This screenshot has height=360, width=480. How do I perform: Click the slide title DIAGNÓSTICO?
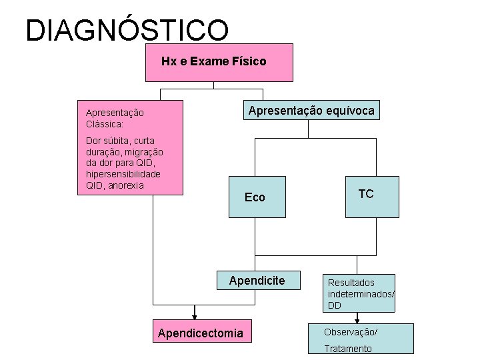[x=127, y=30]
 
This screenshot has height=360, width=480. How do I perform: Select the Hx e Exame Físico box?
[x=219, y=62]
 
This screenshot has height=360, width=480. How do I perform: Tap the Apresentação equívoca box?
[x=311, y=111]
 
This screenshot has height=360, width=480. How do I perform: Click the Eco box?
[x=257, y=197]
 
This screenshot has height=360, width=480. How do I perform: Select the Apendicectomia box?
[x=201, y=333]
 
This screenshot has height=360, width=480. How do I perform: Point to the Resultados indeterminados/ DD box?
[x=360, y=293]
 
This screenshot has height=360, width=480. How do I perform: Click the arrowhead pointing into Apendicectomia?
[x=195, y=317]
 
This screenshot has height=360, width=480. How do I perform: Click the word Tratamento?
[x=348, y=349]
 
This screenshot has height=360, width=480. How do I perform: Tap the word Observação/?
[x=351, y=332]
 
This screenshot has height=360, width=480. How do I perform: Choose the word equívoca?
[x=349, y=111]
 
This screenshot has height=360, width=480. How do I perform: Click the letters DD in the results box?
[x=335, y=305]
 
